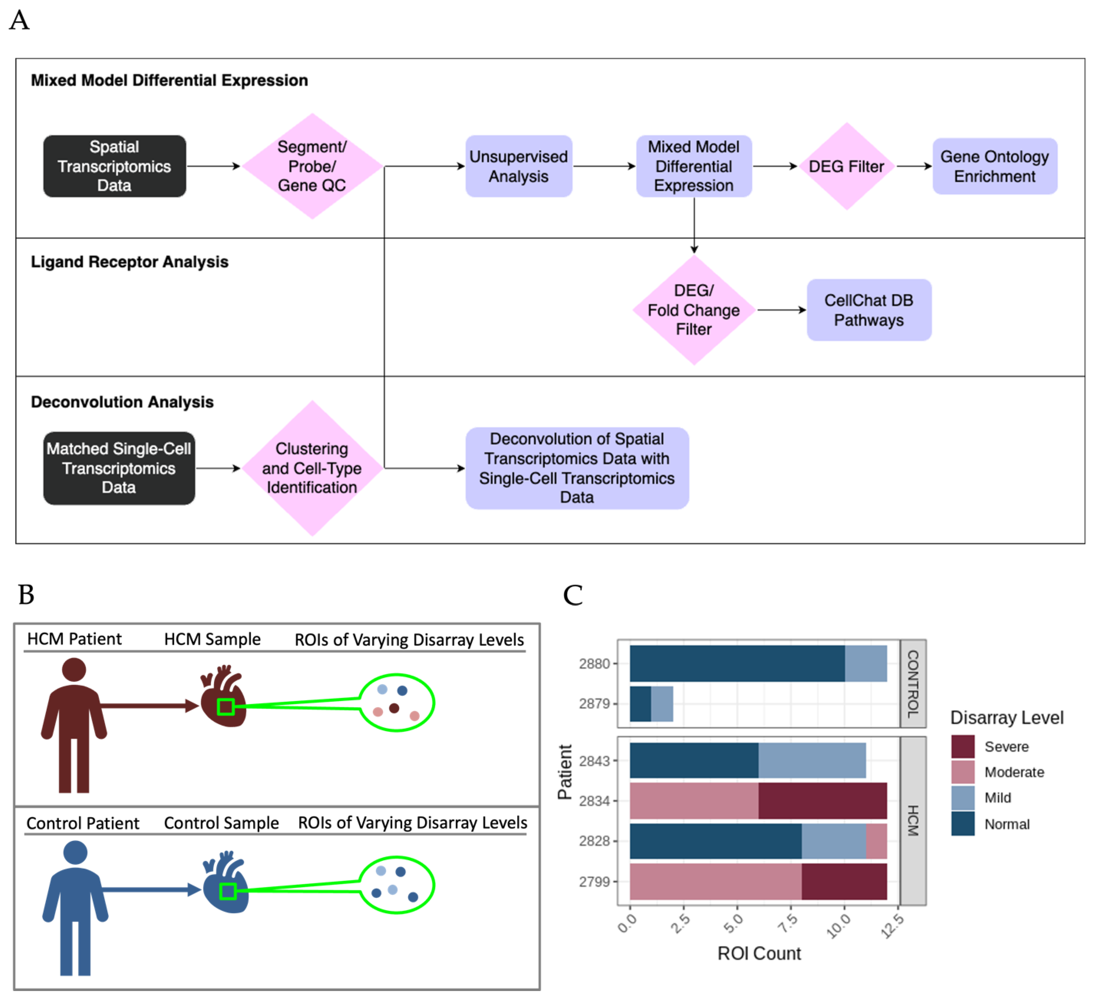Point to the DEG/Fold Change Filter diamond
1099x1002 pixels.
coord(694,310)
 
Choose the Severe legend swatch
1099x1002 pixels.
coord(963,746)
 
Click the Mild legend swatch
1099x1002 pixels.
coord(963,798)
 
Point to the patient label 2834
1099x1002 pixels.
coord(594,801)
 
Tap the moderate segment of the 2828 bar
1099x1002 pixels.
coord(877,841)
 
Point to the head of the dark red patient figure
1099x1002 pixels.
coord(74,670)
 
